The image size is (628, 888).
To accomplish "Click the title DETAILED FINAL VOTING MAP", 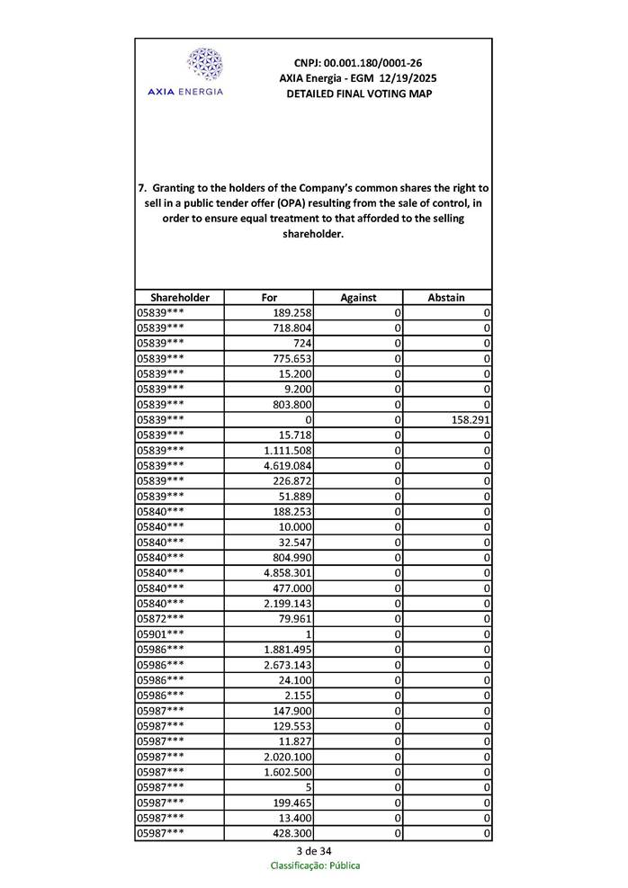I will pyautogui.click(x=358, y=94).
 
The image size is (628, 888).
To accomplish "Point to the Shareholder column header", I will pyautogui.click(x=180, y=297).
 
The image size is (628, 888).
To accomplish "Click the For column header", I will pyautogui.click(x=269, y=297).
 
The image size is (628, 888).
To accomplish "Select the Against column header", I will pyautogui.click(x=358, y=297).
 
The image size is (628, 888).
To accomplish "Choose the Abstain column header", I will pyautogui.click(x=447, y=297).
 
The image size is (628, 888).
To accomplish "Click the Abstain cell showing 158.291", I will pyautogui.click(x=471, y=419).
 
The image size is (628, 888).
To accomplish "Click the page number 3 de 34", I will pyautogui.click(x=313, y=851).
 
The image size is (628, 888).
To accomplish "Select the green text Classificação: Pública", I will pyautogui.click(x=315, y=866).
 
